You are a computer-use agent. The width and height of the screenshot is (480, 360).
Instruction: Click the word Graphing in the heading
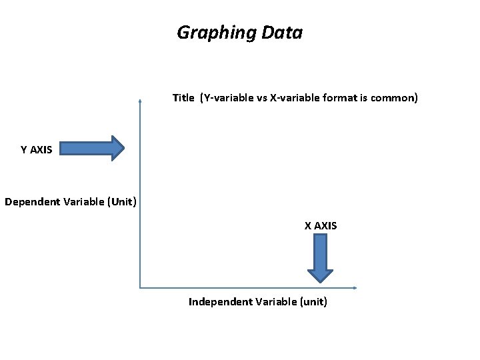pos(208,33)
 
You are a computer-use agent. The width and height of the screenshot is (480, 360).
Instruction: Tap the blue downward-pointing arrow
pos(320,257)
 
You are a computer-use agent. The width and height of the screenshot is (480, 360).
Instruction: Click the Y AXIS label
pos(36,150)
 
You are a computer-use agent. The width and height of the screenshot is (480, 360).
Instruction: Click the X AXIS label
pos(321,226)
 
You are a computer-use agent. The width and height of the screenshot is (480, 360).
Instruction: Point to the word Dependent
pos(31,201)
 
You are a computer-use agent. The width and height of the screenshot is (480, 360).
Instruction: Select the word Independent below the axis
pos(217,302)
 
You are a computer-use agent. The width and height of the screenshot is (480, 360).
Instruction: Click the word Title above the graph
pos(183,98)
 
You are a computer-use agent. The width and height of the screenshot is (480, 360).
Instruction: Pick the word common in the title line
pos(393,98)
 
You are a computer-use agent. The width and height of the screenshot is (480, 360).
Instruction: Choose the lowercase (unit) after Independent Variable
pos(311,302)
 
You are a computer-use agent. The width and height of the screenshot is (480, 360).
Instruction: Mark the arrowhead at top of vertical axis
pos(140,101)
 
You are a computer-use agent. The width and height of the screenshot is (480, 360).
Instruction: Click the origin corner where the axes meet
pos(140,288)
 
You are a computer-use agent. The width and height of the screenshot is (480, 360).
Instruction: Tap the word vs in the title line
pos(261,98)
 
